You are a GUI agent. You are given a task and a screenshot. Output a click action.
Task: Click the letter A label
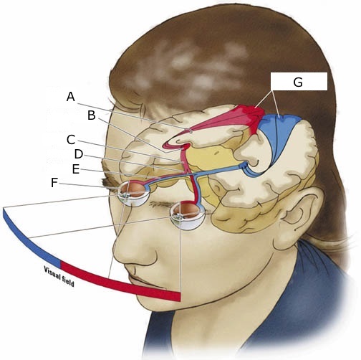(x=71, y=97)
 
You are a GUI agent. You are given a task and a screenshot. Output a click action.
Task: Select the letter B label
(x=92, y=115)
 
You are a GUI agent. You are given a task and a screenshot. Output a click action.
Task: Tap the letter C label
(x=71, y=140)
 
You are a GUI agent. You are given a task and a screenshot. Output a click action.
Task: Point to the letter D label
(x=79, y=154)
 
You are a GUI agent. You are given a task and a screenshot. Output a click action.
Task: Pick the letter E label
(x=76, y=169)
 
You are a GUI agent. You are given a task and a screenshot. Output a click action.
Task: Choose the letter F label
(x=54, y=183)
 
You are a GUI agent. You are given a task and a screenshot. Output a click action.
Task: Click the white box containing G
(x=299, y=82)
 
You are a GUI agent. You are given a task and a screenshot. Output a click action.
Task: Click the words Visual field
(x=59, y=276)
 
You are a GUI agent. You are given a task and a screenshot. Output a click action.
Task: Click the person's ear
(x=302, y=215)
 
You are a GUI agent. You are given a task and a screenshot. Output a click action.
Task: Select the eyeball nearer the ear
(x=188, y=216)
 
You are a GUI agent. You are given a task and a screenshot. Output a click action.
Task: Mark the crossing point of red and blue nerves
(x=191, y=175)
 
